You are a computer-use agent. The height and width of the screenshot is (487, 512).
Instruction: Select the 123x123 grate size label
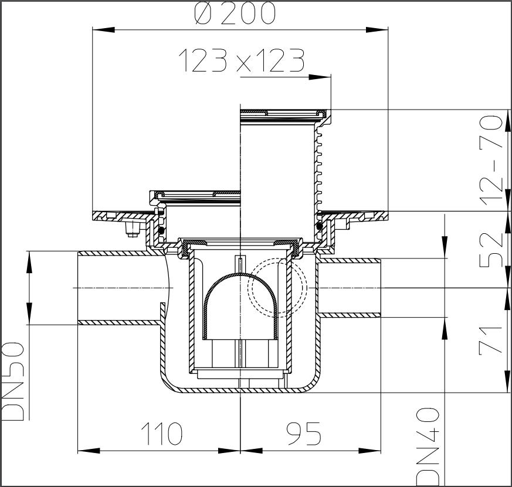pos(241,61)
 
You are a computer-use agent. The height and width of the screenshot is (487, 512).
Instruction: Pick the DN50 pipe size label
pos(13,382)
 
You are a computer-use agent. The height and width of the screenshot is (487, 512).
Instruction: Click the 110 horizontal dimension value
pos(161,434)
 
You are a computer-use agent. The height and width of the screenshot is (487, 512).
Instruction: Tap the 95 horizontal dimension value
pos(304,434)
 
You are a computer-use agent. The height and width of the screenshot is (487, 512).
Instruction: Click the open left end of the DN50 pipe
pos(79,288)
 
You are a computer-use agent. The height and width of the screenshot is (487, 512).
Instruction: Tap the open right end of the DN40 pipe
pos(381,288)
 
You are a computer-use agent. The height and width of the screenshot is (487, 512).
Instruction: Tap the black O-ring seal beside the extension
pos(319,226)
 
